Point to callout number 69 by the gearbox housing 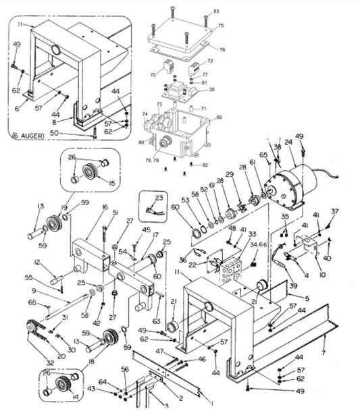coord(218,117)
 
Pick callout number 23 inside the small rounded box coord(159,196)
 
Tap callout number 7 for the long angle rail coord(325,353)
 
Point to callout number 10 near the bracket coord(322,275)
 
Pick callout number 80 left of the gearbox coord(141,142)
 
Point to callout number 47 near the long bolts coord(159,352)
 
